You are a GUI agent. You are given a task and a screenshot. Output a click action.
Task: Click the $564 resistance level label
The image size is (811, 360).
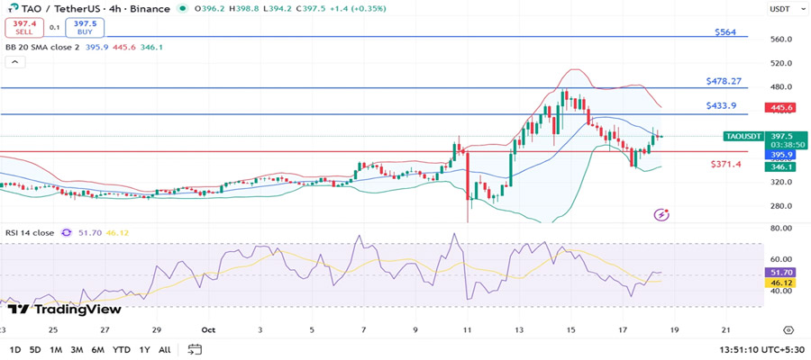pos(725,31)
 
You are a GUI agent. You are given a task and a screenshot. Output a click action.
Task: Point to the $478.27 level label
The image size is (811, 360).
pos(724,81)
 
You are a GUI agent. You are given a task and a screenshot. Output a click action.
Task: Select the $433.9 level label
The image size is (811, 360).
pos(721,106)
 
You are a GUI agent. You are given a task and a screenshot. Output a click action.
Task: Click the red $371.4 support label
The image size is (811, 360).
pos(725,164)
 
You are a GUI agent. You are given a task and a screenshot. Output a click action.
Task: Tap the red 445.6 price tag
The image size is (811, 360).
pos(779,108)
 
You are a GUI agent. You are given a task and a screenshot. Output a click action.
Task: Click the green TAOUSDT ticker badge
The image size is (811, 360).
pos(743,136)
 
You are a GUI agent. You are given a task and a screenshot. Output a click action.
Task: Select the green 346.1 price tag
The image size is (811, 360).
pos(779,166)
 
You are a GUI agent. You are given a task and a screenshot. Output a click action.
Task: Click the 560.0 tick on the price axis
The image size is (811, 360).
pos(779,40)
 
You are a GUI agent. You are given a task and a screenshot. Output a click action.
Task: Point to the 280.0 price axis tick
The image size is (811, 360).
pos(779,205)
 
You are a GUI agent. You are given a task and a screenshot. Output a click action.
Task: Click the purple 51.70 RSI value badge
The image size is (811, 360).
pos(779,271)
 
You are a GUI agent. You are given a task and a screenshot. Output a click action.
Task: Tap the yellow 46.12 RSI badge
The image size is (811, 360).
pos(779,283)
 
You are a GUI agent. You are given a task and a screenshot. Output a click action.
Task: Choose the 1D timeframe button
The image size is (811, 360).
pos(15,349)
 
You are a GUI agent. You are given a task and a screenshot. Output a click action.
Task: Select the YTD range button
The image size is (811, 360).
pos(121,349)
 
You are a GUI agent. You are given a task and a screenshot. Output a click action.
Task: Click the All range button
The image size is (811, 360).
pos(164,349)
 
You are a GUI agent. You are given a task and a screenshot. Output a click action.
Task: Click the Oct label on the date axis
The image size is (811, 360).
pos(208,330)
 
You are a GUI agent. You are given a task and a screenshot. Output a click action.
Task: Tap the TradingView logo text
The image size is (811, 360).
pos(72,309)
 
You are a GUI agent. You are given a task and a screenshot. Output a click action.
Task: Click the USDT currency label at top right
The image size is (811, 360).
pos(779,9)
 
